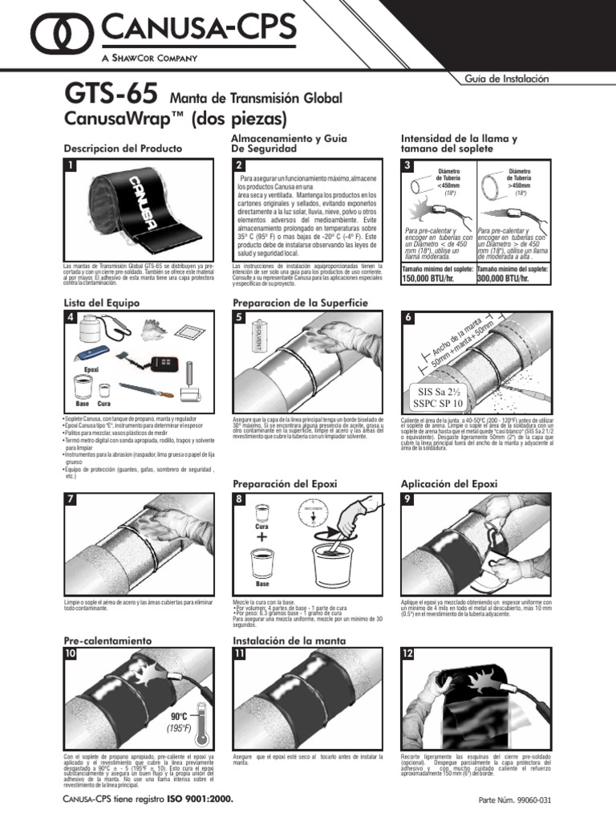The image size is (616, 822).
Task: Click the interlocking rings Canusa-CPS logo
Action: click(55, 34)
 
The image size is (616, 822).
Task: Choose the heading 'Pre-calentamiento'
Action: click(107, 641)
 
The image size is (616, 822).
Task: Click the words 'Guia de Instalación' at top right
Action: click(506, 79)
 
